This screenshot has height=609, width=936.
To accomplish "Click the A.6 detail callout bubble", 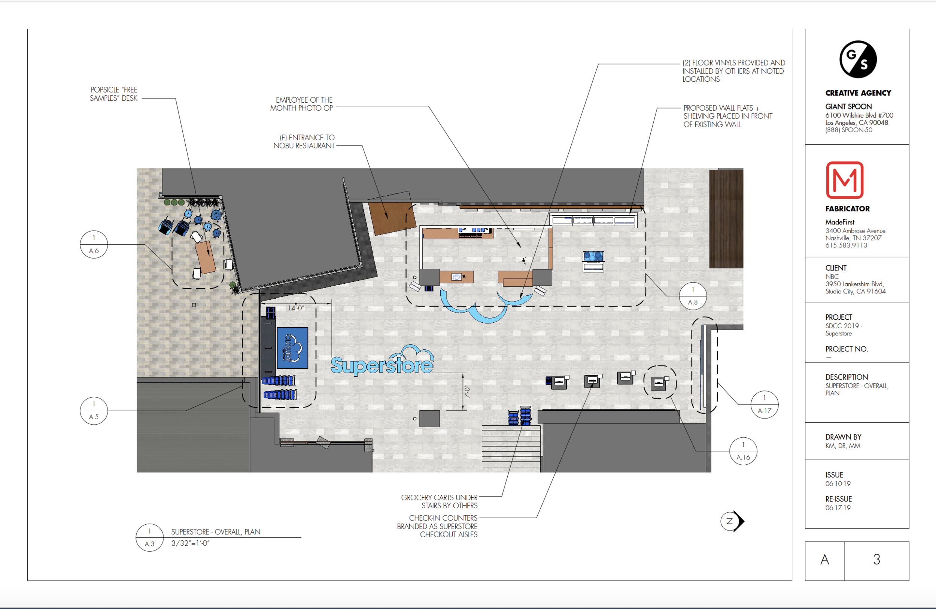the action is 94,244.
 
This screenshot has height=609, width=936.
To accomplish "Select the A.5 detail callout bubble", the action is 94,411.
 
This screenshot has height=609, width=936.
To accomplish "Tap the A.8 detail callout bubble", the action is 693,296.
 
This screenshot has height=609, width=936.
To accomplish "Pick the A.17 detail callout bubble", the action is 765,404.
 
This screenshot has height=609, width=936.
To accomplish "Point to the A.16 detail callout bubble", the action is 743,451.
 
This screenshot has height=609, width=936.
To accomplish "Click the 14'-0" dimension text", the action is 296,308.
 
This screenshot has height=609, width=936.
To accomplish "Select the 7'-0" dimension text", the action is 467,392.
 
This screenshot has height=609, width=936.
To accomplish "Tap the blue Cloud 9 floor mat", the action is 292,348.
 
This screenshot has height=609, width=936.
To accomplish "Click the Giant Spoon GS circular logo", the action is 858,59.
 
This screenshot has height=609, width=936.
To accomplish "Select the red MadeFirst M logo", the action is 845,180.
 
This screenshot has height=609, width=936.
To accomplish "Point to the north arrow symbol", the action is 733,521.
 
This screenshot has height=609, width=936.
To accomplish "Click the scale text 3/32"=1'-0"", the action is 190,543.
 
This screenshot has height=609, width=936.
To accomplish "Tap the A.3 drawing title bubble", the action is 149,537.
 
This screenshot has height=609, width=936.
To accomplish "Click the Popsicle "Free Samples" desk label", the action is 114,94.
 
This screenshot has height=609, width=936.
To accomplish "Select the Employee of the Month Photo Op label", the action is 302,104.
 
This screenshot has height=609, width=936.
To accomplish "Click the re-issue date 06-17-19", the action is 838,508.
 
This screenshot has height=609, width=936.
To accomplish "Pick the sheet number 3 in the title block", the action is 876,560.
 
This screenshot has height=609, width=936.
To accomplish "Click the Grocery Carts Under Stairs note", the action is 439,501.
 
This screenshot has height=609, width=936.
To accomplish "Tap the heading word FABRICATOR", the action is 848,209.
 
